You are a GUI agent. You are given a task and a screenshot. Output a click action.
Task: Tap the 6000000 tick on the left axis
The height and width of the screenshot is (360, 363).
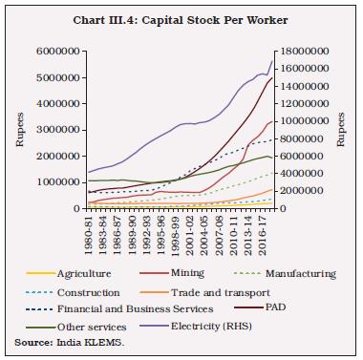coord(57,52)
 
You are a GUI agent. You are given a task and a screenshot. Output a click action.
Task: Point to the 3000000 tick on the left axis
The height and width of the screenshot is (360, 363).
coord(57,130)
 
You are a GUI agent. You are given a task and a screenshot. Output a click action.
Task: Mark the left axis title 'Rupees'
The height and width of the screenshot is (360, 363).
coord(17,130)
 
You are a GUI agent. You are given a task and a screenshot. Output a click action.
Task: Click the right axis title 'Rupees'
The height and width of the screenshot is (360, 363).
coord(346,130)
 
